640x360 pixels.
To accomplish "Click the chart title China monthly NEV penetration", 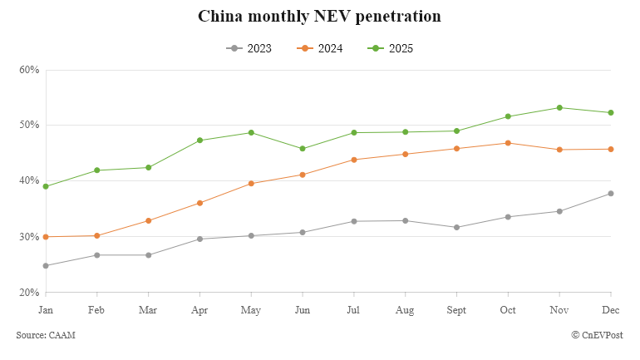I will click(319, 17).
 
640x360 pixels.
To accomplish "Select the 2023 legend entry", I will click(249, 48).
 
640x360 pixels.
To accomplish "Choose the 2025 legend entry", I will click(390, 48).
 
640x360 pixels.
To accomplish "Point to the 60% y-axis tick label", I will click(29, 70).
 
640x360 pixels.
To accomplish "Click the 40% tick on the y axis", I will click(29, 181).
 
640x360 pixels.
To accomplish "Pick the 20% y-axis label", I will click(29, 293).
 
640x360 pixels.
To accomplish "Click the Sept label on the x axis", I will click(456, 309).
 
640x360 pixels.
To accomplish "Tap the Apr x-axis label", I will click(199, 309).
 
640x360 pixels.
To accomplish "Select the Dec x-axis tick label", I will click(611, 309).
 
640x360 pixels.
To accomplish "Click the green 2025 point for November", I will click(559, 107).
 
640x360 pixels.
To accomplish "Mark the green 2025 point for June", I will click(303, 149).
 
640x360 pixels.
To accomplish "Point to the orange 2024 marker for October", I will click(508, 143).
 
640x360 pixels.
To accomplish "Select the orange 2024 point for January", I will click(46, 237).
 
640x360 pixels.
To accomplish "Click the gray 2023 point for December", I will click(611, 194).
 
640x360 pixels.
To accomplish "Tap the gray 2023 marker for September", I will click(456, 227).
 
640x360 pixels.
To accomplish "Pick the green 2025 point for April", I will click(199, 141).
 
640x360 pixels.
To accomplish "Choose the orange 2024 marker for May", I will click(251, 184).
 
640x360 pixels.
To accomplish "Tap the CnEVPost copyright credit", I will click(597, 334).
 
